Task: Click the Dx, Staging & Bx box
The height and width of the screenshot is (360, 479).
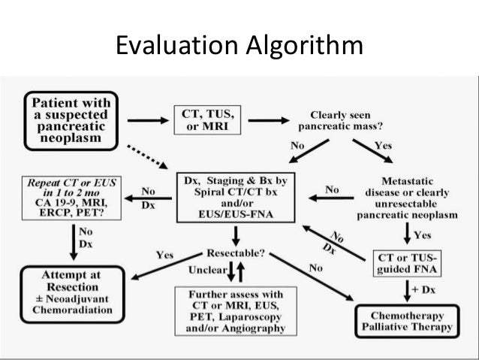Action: click(x=236, y=198)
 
